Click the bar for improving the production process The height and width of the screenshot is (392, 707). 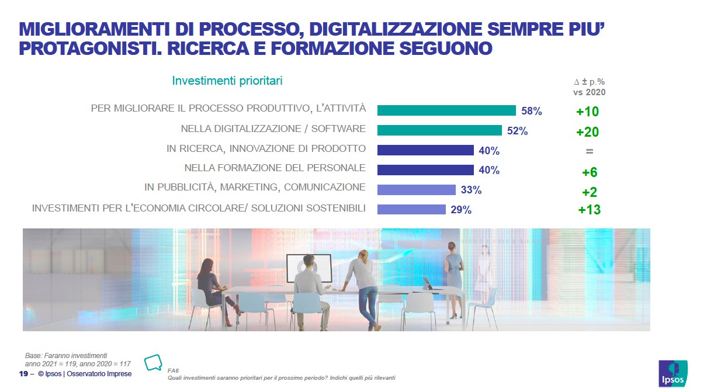446,110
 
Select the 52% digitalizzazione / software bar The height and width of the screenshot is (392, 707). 439,130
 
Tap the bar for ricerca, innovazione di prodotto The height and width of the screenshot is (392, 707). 425,150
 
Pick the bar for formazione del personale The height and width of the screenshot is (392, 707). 425,170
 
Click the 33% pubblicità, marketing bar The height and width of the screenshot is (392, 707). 416,190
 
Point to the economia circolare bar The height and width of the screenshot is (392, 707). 411,209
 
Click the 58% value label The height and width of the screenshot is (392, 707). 532,111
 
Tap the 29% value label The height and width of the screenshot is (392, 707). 461,210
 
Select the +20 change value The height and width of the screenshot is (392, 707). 587,132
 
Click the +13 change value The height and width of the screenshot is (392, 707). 589,210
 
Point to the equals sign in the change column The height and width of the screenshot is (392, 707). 589,151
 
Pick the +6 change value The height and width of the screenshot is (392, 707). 589,172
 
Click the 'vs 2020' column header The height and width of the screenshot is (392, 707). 588,92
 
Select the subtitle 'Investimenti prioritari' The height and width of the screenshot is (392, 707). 227,81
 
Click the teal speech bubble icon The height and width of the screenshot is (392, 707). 153,362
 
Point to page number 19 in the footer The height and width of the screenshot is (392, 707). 23,374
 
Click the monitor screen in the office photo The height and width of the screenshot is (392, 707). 309,267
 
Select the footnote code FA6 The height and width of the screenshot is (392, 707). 172,370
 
